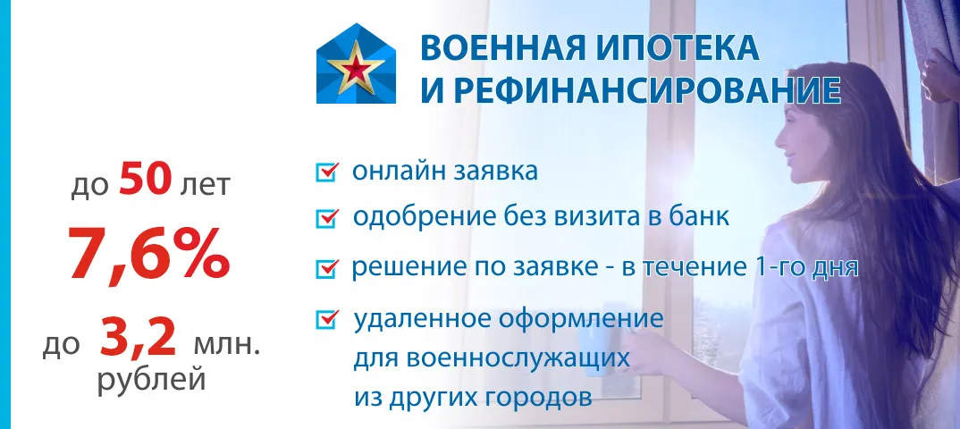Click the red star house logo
356,63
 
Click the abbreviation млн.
226,345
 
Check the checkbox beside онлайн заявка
327,172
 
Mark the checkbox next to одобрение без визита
327,217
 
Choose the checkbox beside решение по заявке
327,268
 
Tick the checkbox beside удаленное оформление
327,319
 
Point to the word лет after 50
205,184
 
